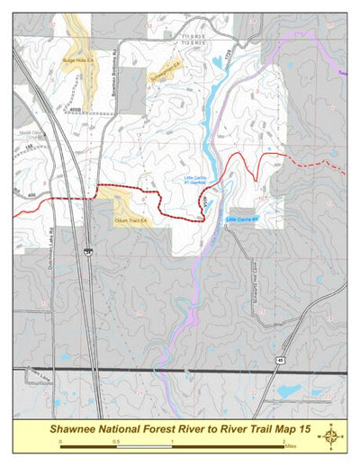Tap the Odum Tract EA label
(130, 218)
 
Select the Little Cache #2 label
(242, 219)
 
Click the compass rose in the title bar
(330, 437)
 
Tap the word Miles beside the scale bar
(291, 443)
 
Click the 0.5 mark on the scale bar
(116, 443)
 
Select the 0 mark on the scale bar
(60, 443)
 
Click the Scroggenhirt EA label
(164, 65)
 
